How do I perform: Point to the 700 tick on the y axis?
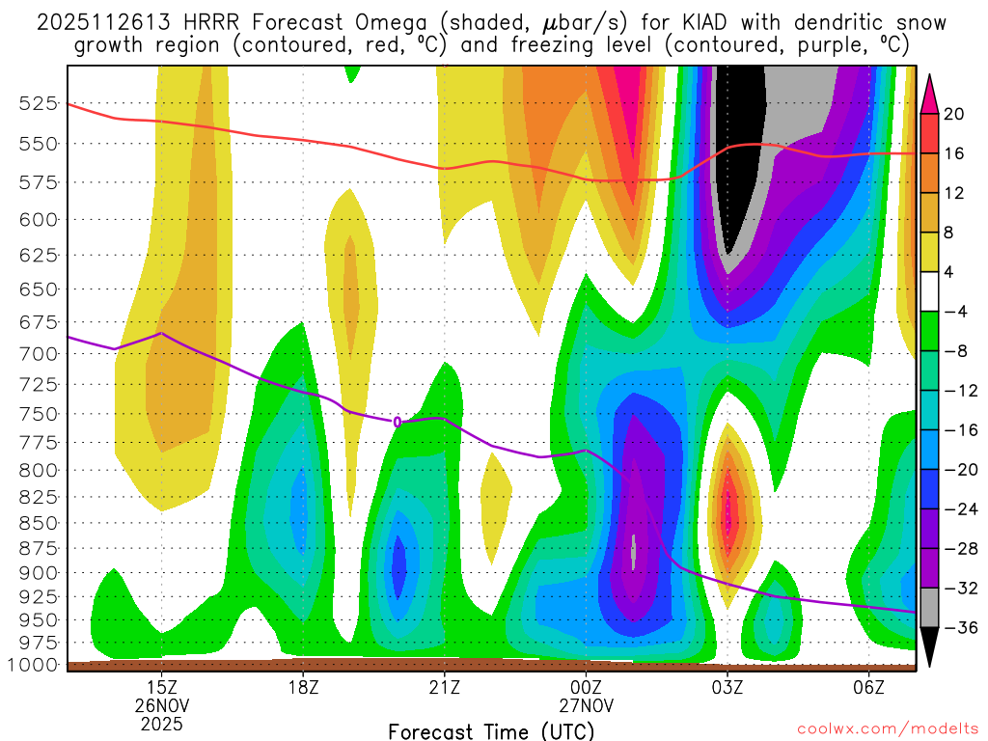pos(39,353)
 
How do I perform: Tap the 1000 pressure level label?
pos(34,665)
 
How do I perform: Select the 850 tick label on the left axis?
pos(39,522)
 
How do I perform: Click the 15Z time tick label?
pos(161,688)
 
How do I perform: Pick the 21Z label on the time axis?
pos(444,688)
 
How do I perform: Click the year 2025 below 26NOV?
pos(161,722)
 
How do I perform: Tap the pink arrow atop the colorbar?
pos(930,93)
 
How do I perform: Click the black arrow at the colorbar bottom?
pos(930,647)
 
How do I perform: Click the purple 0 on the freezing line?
pos(397,422)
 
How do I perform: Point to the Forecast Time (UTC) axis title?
pos(491,730)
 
